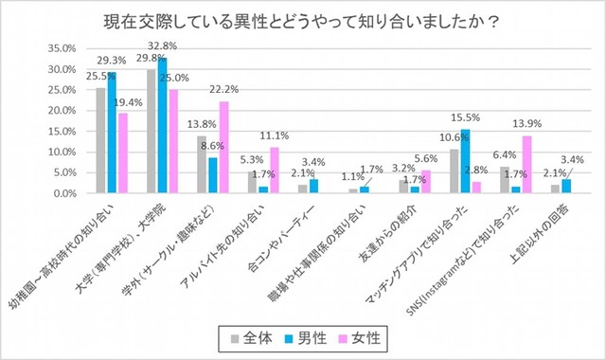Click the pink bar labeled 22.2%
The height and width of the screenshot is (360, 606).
(223, 147)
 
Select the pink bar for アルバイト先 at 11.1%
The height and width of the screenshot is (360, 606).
(275, 171)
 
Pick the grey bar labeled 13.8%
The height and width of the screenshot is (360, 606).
(203, 165)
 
